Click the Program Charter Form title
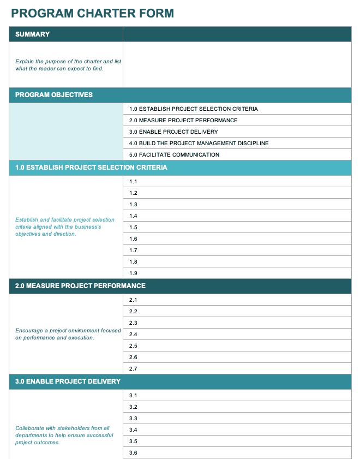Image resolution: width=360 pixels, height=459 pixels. point(92,13)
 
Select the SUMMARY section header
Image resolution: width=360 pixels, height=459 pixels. point(33,34)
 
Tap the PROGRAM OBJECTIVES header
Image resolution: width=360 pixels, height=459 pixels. point(54,95)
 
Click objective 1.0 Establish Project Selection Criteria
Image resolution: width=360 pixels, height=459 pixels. point(193,109)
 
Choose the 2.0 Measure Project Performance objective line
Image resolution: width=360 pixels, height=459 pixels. point(183,120)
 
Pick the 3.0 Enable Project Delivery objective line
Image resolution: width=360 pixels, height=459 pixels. point(173,132)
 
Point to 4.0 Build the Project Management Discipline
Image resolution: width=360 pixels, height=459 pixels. point(199,143)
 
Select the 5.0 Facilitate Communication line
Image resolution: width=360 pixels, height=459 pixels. point(174,154)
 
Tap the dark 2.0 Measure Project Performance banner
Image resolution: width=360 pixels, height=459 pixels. point(80,286)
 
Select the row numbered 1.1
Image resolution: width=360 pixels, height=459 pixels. point(133,181)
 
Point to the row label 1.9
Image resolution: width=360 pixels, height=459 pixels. point(133,273)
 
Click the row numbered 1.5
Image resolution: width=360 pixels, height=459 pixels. point(133,227)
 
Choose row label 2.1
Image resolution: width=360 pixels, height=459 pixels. point(133,300)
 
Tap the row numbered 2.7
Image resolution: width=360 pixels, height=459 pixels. point(133,369)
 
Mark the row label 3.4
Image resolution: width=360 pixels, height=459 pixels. point(133,430)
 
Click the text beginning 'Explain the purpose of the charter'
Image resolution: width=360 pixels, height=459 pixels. point(68,65)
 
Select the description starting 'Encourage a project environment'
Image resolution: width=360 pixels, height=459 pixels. point(68,334)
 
